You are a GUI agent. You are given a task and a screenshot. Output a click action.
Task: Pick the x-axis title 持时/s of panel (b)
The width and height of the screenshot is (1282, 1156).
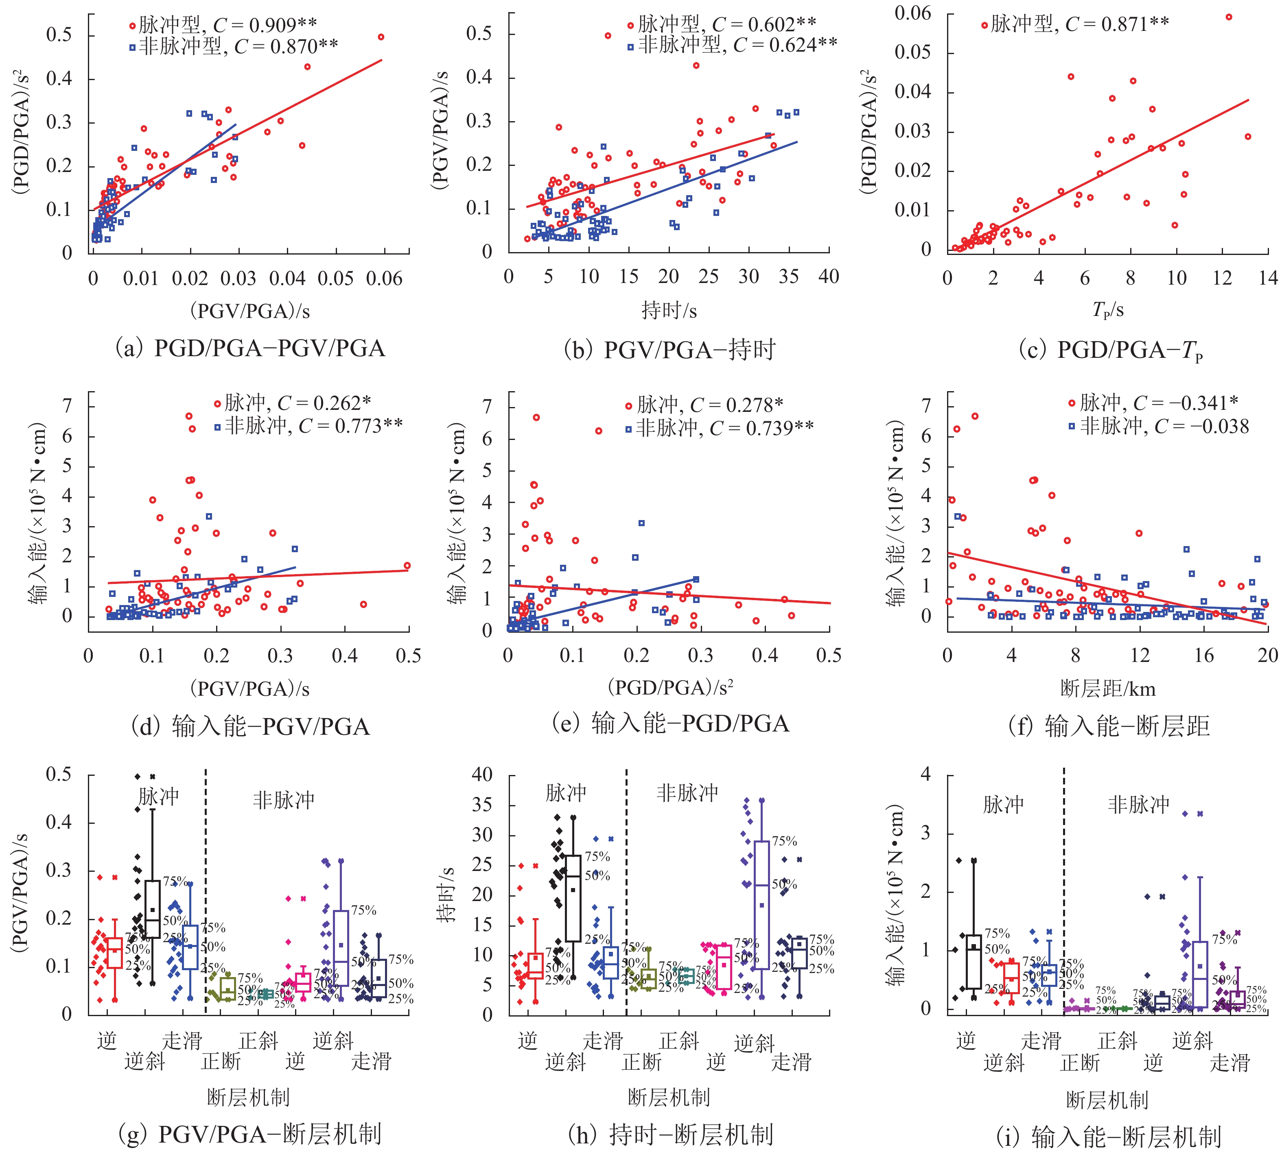pyautogui.click(x=669, y=311)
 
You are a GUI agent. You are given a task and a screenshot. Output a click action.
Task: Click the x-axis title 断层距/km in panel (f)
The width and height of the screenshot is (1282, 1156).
pyautogui.click(x=1107, y=688)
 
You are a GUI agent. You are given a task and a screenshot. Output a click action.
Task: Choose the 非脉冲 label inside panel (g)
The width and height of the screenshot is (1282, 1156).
pyautogui.click(x=284, y=800)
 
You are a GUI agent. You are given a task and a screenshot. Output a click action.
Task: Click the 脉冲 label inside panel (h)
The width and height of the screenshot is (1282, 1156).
pyautogui.click(x=566, y=792)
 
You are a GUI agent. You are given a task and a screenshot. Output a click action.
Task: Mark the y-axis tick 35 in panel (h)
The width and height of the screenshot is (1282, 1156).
pyautogui.click(x=482, y=805)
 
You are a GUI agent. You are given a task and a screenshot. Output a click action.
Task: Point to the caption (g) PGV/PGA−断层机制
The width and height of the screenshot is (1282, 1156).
pyautogui.click(x=250, y=1134)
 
